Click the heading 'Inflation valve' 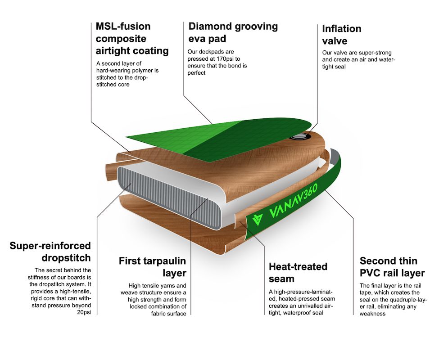[341, 35]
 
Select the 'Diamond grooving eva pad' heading [233, 32]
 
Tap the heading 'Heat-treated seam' [298, 273]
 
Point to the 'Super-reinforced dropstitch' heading [50, 252]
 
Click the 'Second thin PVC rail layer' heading [392, 267]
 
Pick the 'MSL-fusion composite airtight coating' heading [132, 38]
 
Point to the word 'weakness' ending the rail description [372, 314]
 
